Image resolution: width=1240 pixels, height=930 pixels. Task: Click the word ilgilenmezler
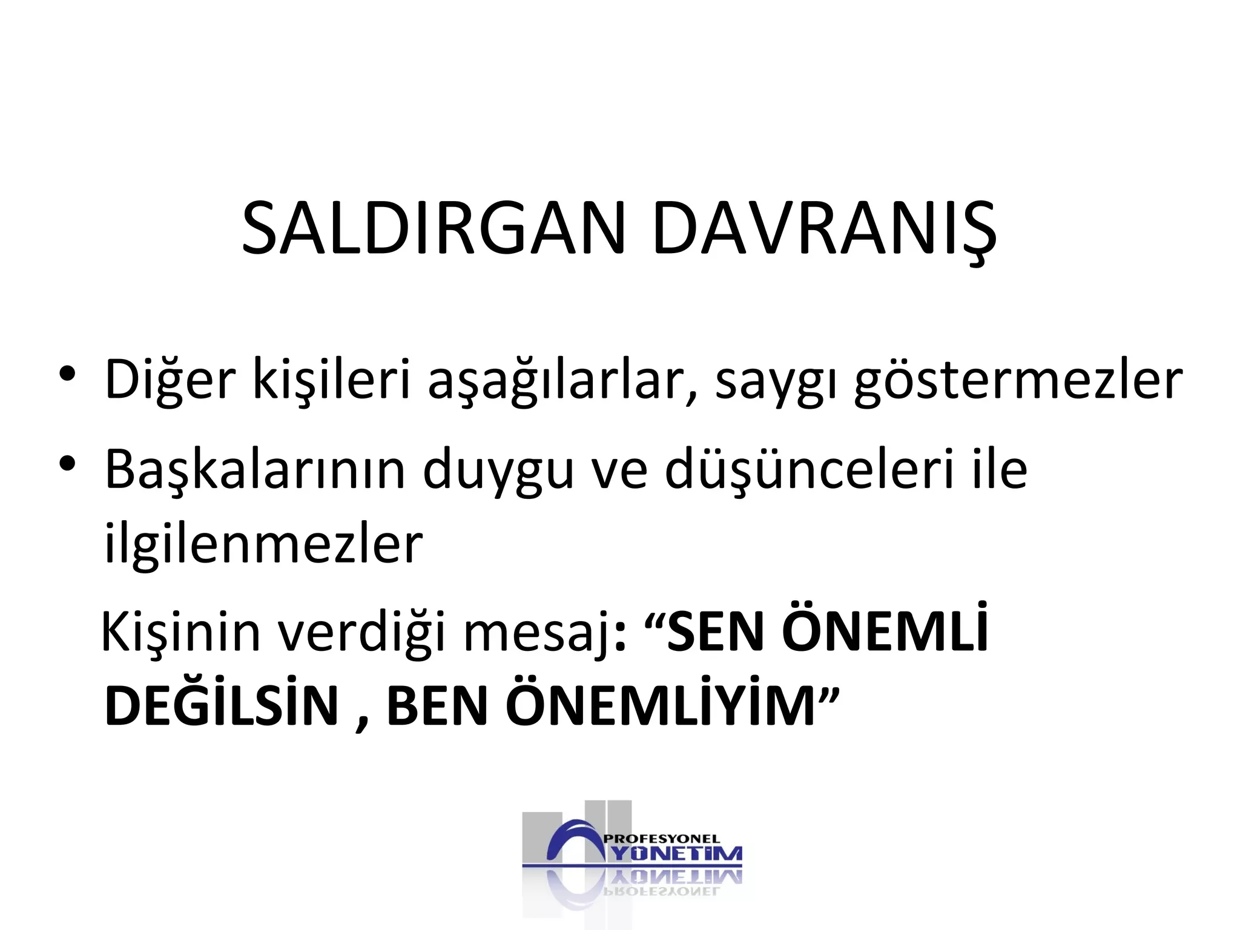(263, 543)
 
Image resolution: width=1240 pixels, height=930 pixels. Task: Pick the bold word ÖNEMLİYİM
(661, 705)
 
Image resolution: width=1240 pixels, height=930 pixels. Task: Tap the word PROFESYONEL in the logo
(662, 839)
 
